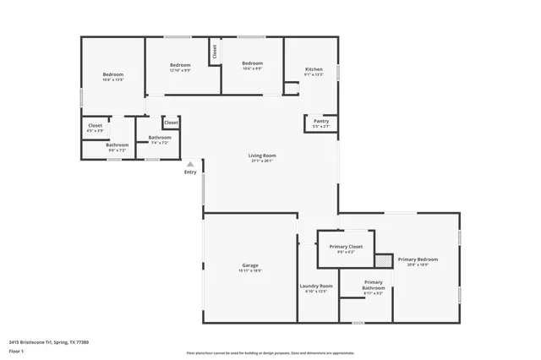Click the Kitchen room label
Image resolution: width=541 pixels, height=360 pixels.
[314, 68]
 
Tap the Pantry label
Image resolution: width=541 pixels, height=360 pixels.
[321, 121]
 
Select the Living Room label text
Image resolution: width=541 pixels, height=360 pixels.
[262, 155]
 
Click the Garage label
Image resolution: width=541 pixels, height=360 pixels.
[250, 265]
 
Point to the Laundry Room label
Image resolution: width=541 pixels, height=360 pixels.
[316, 286]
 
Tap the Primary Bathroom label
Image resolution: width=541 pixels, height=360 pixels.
[374, 286]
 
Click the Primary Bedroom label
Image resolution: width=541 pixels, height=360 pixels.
[418, 259]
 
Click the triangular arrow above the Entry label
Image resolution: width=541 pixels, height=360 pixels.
[190, 165]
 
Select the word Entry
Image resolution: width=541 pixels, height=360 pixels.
[190, 173]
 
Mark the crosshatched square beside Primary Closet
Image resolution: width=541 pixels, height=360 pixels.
[384, 260]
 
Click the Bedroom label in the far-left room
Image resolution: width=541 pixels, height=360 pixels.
[114, 74]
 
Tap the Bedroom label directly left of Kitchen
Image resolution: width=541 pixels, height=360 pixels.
[252, 63]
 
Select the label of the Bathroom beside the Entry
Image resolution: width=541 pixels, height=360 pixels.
[160, 138]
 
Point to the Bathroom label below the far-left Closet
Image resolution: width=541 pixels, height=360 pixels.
[117, 145]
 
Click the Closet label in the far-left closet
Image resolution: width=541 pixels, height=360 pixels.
[95, 126]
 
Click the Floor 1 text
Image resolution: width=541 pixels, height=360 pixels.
[16, 350]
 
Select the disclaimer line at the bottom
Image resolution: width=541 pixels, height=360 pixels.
[270, 352]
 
